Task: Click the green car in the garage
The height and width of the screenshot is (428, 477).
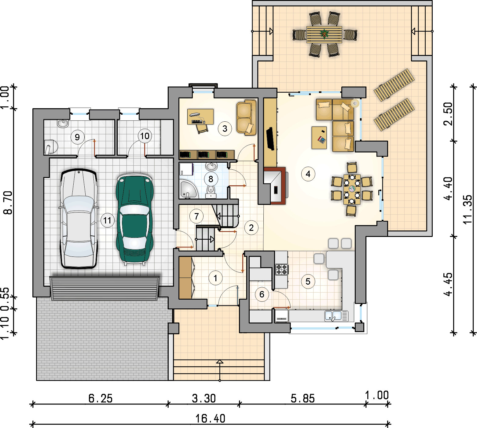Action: click(x=134, y=219)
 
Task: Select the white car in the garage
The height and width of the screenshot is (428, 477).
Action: click(x=79, y=219)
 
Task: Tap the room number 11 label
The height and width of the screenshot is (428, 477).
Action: click(x=107, y=220)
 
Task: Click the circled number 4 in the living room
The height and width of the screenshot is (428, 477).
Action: click(x=308, y=174)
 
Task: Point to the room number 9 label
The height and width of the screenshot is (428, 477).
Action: click(x=77, y=137)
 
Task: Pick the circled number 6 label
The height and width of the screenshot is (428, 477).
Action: click(x=262, y=294)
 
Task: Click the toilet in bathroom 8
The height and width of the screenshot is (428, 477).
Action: click(x=211, y=191)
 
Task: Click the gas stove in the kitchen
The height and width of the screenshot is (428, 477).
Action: click(x=281, y=269)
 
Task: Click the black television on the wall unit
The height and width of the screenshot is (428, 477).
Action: click(x=270, y=139)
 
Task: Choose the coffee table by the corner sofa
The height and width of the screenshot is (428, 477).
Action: click(x=319, y=138)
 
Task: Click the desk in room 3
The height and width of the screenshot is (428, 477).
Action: click(x=200, y=116)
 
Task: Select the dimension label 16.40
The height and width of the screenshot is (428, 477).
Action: click(x=210, y=418)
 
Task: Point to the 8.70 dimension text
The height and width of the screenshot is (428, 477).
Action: click(x=8, y=203)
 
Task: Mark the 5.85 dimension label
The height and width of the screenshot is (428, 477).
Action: click(x=303, y=398)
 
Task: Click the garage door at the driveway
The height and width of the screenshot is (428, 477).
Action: click(x=105, y=288)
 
